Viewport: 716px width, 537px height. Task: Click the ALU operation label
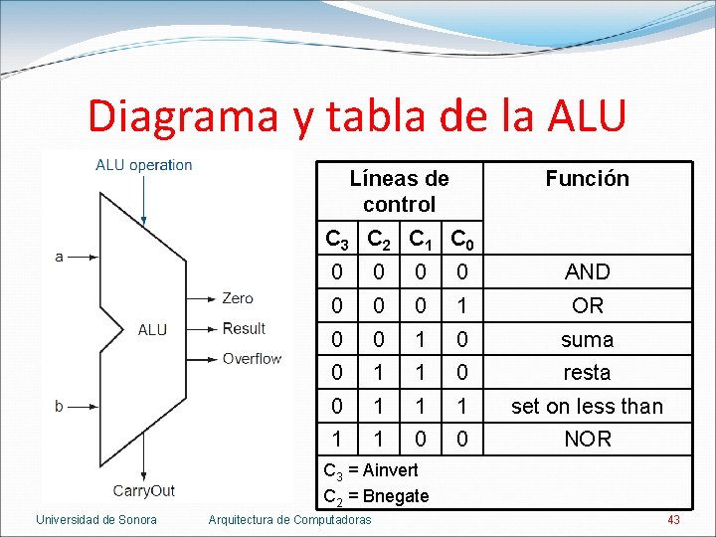[144, 165]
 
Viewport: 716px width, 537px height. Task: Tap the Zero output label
[238, 298]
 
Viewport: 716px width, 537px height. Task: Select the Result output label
[244, 328]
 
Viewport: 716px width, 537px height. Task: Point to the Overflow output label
[252, 358]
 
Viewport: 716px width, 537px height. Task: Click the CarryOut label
[143, 490]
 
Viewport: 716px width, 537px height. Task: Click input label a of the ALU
[60, 257]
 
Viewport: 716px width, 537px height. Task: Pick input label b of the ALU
[60, 405]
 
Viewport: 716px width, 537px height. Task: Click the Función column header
[587, 178]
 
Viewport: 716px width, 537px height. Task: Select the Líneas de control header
[399, 191]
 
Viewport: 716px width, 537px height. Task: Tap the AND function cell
[587, 271]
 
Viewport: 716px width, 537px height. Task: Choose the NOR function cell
[587, 439]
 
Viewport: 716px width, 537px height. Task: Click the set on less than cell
[587, 406]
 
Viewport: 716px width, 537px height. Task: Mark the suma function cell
[587, 339]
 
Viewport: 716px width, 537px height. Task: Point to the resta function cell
[587, 372]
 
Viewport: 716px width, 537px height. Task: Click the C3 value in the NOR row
[337, 439]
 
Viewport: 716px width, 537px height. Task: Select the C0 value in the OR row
[460, 305]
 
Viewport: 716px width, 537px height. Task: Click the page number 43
[673, 519]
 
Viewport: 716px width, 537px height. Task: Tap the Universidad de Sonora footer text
[95, 519]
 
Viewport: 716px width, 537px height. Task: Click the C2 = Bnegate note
[377, 495]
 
